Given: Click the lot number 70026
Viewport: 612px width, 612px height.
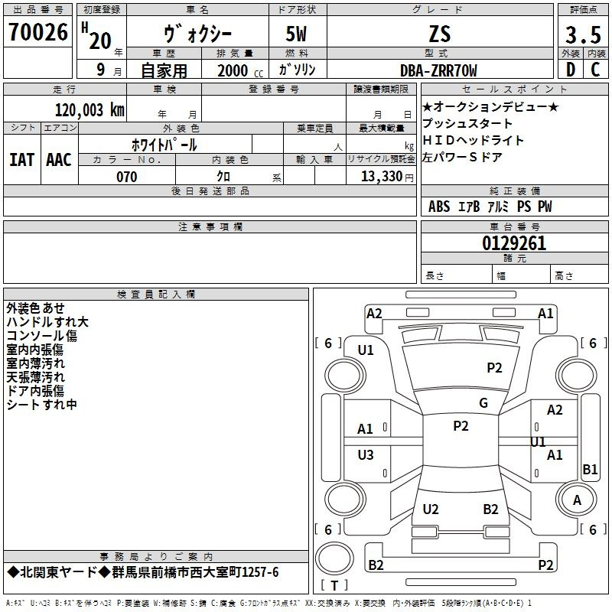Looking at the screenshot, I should [x=37, y=33].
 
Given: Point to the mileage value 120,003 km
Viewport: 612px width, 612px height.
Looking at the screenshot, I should [x=90, y=109].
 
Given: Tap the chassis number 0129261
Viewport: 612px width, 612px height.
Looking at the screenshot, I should [x=514, y=243].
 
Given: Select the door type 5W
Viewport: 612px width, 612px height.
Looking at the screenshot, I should [x=298, y=34].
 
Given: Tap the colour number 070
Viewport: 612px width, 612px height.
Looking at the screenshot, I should [x=126, y=177].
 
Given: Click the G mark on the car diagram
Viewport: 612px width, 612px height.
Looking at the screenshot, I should [x=483, y=403].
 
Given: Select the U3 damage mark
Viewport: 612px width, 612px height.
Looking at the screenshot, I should [x=366, y=455].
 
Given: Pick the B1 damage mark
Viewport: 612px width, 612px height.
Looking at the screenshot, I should [x=590, y=470].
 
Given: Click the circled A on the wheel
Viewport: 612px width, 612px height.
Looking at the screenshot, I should [x=577, y=500].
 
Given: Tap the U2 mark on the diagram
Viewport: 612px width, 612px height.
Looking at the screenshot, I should [x=431, y=509].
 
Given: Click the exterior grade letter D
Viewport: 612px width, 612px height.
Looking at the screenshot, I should [x=570, y=70].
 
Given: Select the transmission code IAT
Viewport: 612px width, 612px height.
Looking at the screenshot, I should [x=21, y=159].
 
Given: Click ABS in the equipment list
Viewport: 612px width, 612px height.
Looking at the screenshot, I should [x=439, y=207].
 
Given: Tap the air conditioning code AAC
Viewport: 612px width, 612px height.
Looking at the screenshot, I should [x=59, y=159].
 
